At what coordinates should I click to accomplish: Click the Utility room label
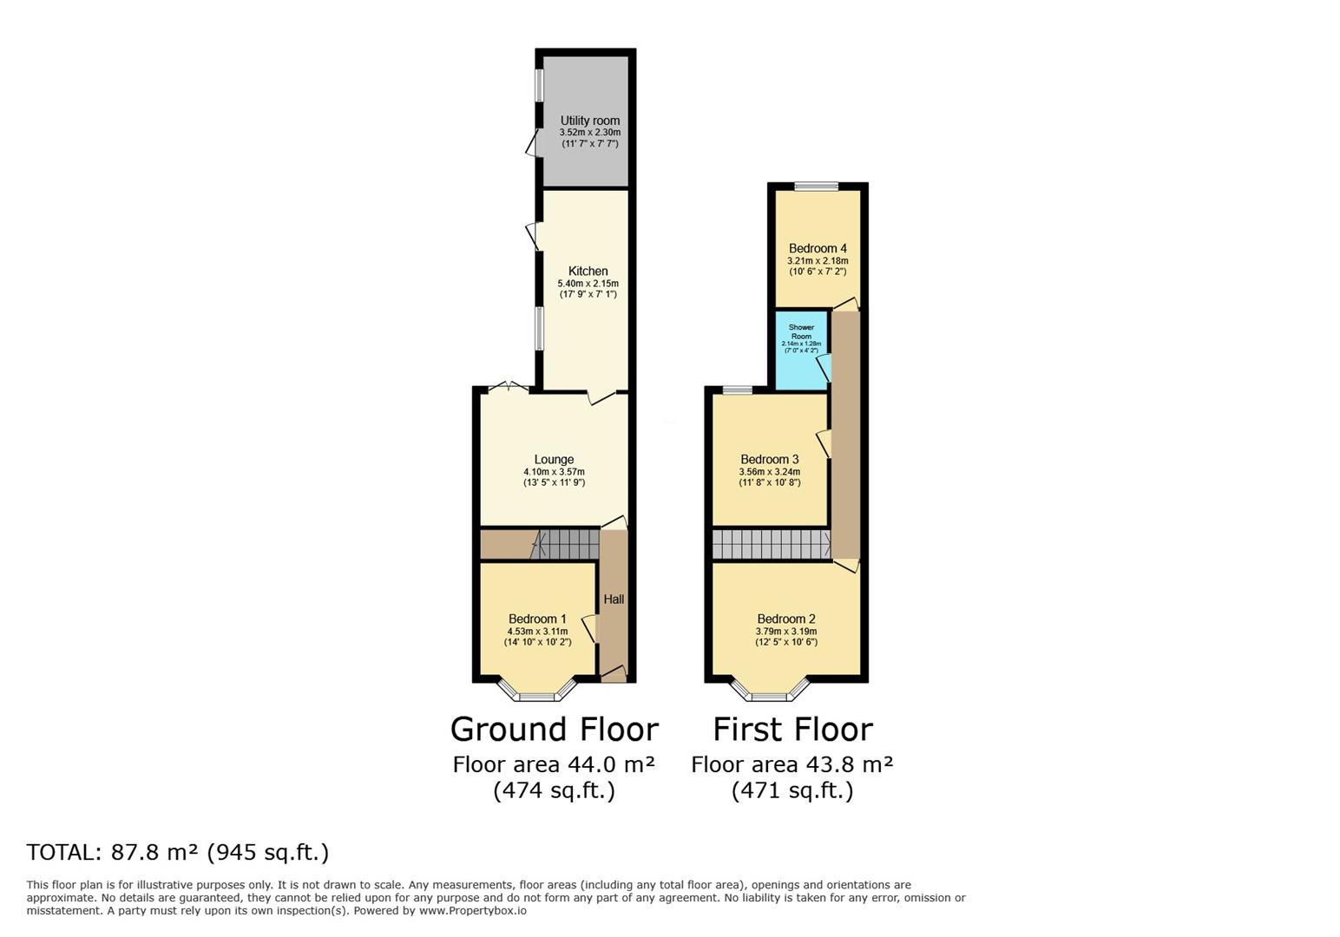tap(589, 121)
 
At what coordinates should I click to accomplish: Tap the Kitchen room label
tap(588, 271)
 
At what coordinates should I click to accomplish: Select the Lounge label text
tap(554, 459)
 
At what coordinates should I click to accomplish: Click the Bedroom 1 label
tap(537, 619)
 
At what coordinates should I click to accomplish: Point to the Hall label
tap(614, 599)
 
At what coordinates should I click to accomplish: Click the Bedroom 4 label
tap(818, 248)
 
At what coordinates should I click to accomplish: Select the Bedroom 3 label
tap(769, 459)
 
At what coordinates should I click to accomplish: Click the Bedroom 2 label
tap(786, 619)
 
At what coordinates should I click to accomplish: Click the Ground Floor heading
tap(554, 730)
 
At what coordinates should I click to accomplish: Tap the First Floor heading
tap(792, 730)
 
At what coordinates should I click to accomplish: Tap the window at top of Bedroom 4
tap(816, 186)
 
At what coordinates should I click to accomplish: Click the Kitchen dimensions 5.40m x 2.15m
tap(588, 284)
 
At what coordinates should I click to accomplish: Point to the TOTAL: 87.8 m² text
tap(178, 852)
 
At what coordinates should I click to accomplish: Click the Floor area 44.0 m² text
tap(554, 764)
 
